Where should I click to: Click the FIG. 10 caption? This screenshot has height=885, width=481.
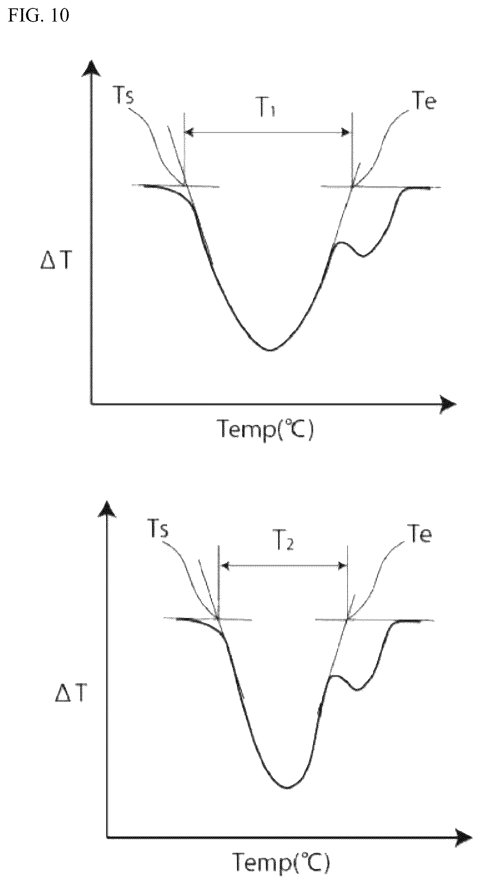coord(39,16)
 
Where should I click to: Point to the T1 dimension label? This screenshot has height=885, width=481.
coord(265,109)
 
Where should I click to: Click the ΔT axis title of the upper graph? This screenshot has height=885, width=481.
coord(55,262)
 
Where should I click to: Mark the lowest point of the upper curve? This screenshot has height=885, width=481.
coord(270,350)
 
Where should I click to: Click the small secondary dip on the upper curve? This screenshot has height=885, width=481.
coord(363,256)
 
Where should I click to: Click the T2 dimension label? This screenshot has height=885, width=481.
coord(286,543)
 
